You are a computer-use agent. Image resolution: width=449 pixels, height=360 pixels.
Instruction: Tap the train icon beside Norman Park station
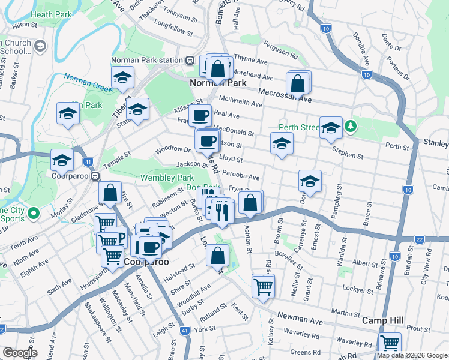tap(189, 60)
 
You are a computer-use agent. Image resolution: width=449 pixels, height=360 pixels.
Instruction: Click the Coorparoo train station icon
tap(95, 176)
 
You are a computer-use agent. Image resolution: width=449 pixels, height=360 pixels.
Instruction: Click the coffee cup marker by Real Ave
tap(200, 114)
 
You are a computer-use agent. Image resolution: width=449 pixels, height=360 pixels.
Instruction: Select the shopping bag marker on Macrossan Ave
tap(298, 84)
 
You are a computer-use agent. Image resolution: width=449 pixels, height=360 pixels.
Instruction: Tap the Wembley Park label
tap(167, 178)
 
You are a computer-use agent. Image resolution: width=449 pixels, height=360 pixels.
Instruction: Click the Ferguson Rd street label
tap(282, 50)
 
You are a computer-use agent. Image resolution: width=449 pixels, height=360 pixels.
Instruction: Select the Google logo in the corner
tap(19, 353)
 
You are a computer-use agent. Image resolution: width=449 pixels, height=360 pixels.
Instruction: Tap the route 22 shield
tap(420, 240)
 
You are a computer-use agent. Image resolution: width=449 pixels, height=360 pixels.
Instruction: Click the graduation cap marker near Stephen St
tap(330, 127)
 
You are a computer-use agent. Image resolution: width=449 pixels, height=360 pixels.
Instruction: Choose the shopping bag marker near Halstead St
tap(217, 254)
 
